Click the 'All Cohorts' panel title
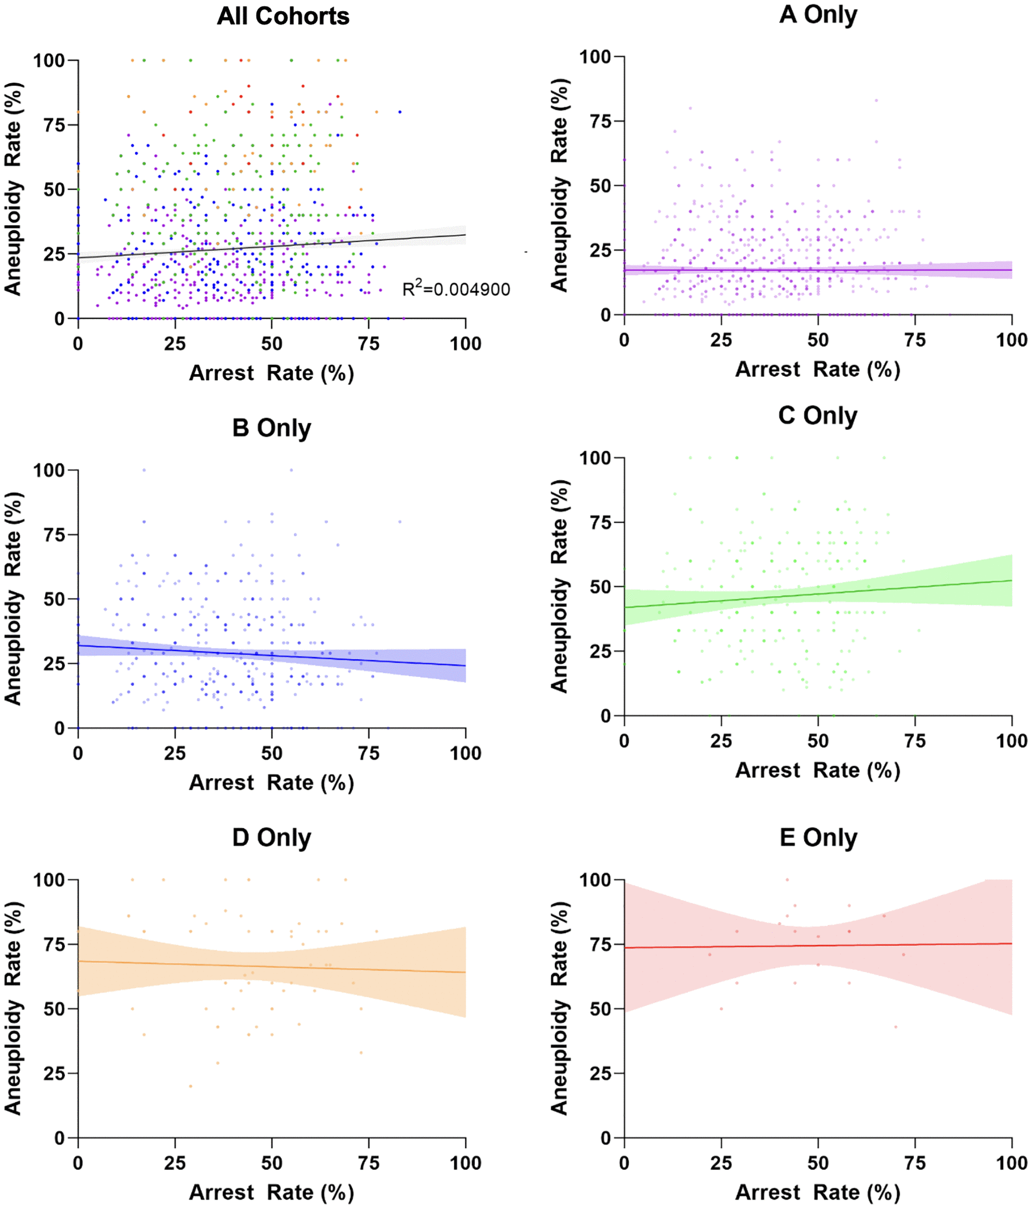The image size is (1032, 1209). coord(283,16)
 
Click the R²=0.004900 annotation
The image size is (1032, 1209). coord(456,289)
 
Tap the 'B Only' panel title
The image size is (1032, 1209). coord(271,428)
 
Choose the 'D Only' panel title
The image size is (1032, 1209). coord(271,837)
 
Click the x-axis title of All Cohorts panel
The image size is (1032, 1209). coord(271,373)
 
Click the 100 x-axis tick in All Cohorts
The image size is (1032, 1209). coord(466,344)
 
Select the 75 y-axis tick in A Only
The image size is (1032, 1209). coord(600,121)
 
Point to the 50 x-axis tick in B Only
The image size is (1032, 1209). coord(272,753)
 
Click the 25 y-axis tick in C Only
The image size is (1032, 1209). coord(600,651)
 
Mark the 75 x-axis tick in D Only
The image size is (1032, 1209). coord(369,1163)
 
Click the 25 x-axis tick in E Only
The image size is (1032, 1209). coord(721,1163)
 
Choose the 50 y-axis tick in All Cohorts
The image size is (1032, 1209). coord(54,190)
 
